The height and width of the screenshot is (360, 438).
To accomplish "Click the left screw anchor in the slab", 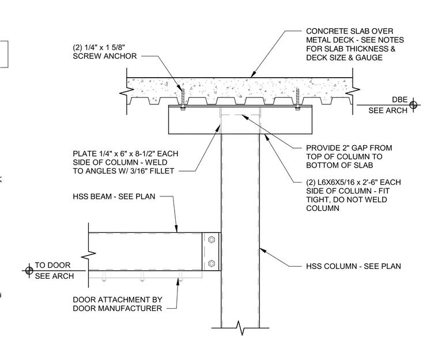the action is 183,100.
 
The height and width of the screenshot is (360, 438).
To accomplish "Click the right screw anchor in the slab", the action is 297,99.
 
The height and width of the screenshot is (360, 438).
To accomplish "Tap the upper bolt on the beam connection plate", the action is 212,240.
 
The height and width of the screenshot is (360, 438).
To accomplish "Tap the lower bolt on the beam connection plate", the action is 212,263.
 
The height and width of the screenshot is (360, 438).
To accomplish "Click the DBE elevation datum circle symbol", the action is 413,105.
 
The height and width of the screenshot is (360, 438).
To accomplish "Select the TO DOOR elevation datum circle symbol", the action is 29,271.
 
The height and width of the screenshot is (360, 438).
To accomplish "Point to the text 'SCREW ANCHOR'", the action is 105,56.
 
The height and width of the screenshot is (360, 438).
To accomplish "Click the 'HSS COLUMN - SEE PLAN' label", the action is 353,266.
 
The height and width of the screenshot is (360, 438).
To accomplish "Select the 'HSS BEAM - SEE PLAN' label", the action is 114,196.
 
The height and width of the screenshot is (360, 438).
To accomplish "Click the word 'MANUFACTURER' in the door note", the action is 118,308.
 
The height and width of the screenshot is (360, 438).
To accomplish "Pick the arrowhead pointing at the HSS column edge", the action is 263,250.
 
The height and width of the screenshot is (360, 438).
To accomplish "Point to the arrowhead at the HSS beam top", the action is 176,229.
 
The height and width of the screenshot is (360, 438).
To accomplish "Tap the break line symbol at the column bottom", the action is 240,328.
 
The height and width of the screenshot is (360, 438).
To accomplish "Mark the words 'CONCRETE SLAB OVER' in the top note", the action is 350,31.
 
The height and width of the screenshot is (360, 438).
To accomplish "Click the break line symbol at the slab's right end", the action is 353,91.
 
